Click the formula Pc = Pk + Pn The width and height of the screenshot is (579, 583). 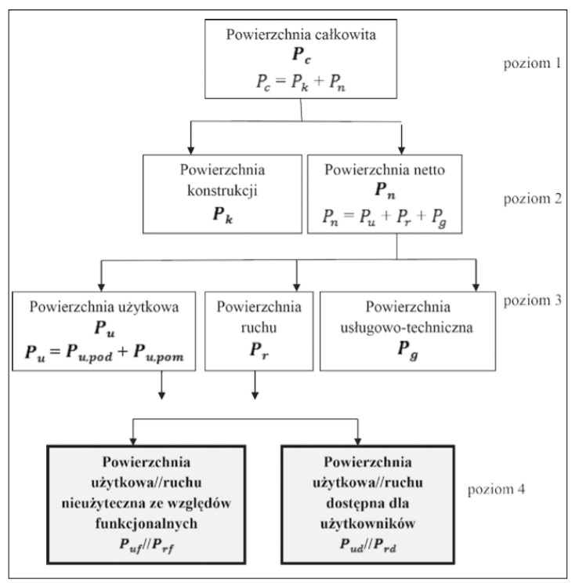coord(302,81)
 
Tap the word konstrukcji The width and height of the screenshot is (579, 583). coord(222,188)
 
